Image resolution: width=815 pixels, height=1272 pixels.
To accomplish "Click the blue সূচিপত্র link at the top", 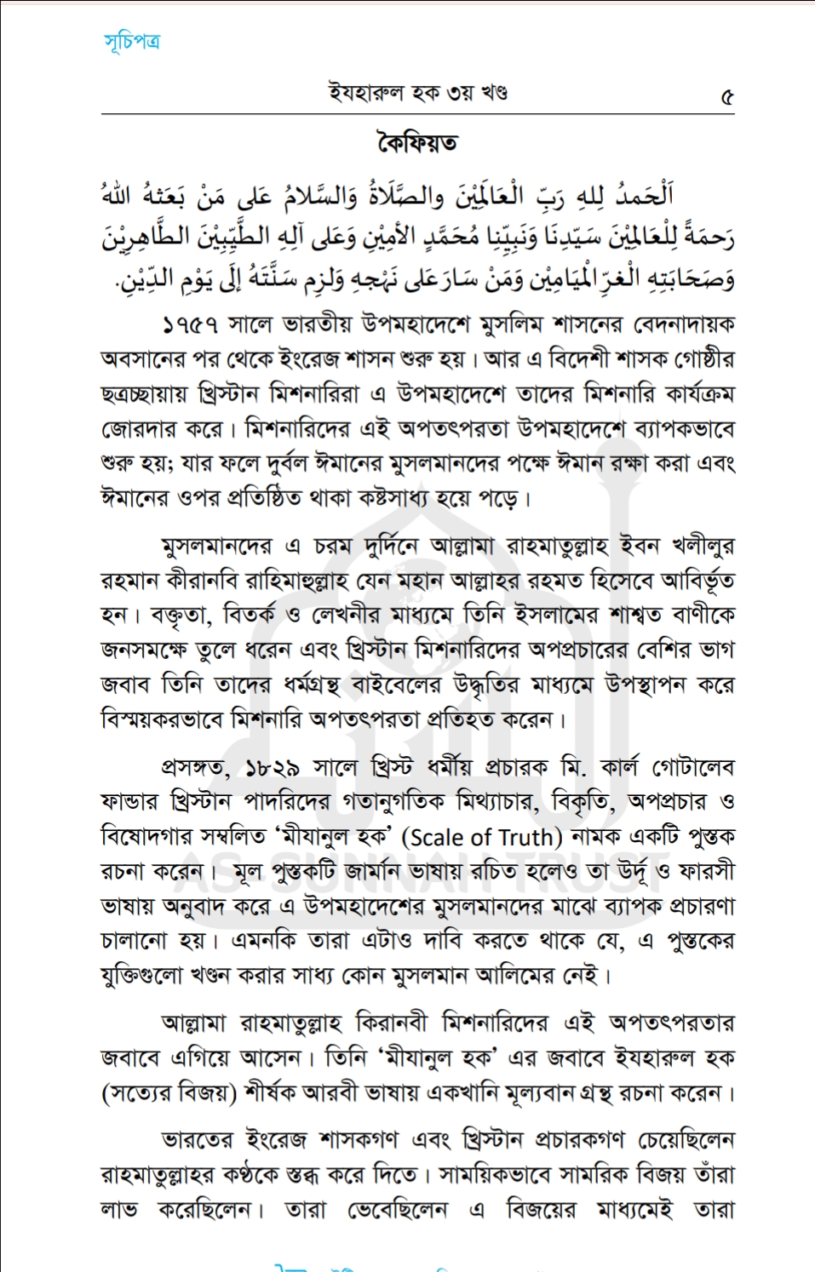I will pyautogui.click(x=132, y=41).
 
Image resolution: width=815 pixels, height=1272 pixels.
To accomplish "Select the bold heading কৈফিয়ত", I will pyautogui.click(x=417, y=141).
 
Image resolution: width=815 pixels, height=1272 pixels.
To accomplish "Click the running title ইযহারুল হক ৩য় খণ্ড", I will pyautogui.click(x=417, y=92).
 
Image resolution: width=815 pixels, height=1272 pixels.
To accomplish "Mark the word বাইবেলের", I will pyautogui.click(x=393, y=685).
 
